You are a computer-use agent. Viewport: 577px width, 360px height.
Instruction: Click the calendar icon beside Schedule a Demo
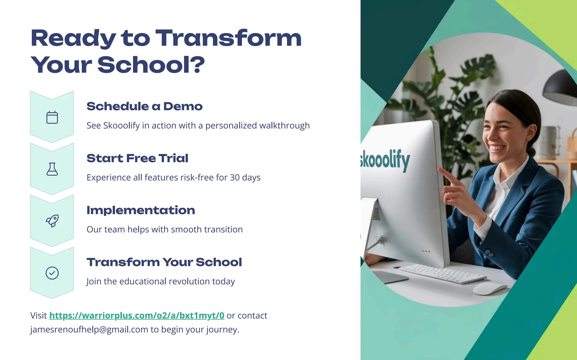tap(52, 117)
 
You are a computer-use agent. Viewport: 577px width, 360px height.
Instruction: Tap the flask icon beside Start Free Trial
tap(52, 169)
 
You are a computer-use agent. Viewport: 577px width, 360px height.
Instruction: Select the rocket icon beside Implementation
tap(52, 221)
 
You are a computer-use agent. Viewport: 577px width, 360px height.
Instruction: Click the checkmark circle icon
tap(52, 273)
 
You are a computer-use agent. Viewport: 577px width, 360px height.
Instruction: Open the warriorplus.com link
tap(137, 315)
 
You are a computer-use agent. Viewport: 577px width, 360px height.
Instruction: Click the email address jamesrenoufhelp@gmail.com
tap(89, 330)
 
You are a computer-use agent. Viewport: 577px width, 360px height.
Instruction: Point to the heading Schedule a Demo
tap(144, 106)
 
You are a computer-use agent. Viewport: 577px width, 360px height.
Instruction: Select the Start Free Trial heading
tap(137, 158)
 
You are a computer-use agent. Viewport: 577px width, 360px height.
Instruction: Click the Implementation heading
tap(141, 210)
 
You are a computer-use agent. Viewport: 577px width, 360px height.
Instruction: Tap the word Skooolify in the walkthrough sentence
tap(121, 125)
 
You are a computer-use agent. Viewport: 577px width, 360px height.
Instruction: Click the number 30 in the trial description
tap(235, 178)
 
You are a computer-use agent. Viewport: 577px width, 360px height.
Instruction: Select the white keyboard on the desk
tap(442, 273)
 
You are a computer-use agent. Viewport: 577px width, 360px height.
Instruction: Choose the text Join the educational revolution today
tap(161, 281)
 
